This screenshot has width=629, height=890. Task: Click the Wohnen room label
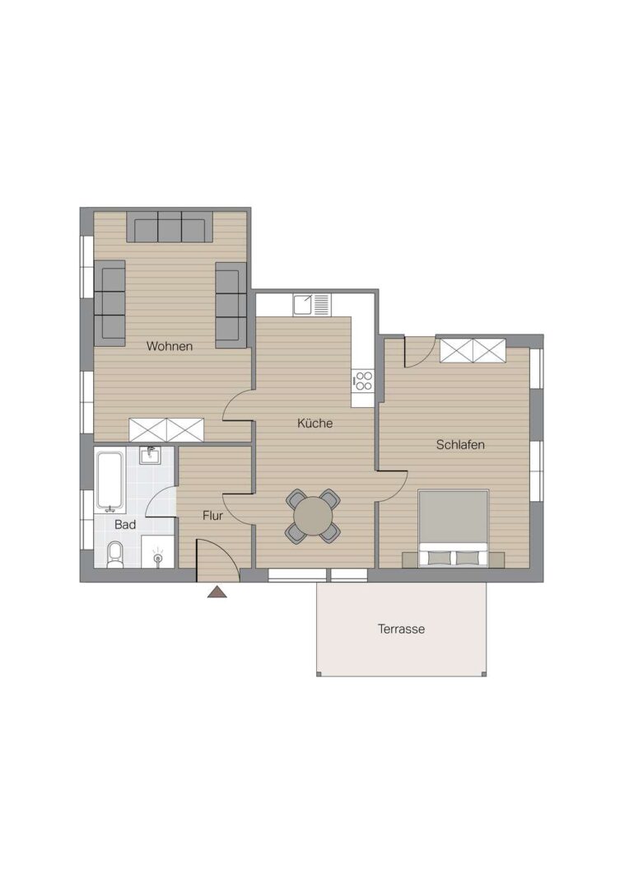169,346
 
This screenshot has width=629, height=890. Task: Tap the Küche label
314,423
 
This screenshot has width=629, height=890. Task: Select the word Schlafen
460,444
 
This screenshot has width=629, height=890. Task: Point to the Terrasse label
401,629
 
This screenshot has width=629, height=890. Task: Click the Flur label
212,515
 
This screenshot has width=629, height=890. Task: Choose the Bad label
125,524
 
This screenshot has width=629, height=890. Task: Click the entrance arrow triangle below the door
217,592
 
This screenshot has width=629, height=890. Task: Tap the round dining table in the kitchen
313,515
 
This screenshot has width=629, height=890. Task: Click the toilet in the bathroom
114,555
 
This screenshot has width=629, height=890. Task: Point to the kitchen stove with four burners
362,381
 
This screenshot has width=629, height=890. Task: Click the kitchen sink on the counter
311,305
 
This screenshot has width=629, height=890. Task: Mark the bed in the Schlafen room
453,528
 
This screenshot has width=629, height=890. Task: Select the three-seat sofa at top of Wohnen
170,227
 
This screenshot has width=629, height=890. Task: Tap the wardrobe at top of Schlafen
473,350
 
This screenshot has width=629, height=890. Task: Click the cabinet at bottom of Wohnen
166,429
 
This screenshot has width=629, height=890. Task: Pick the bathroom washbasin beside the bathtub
151,455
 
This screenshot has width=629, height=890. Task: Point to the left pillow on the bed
439,558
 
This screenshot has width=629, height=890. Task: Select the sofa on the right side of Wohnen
231,305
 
